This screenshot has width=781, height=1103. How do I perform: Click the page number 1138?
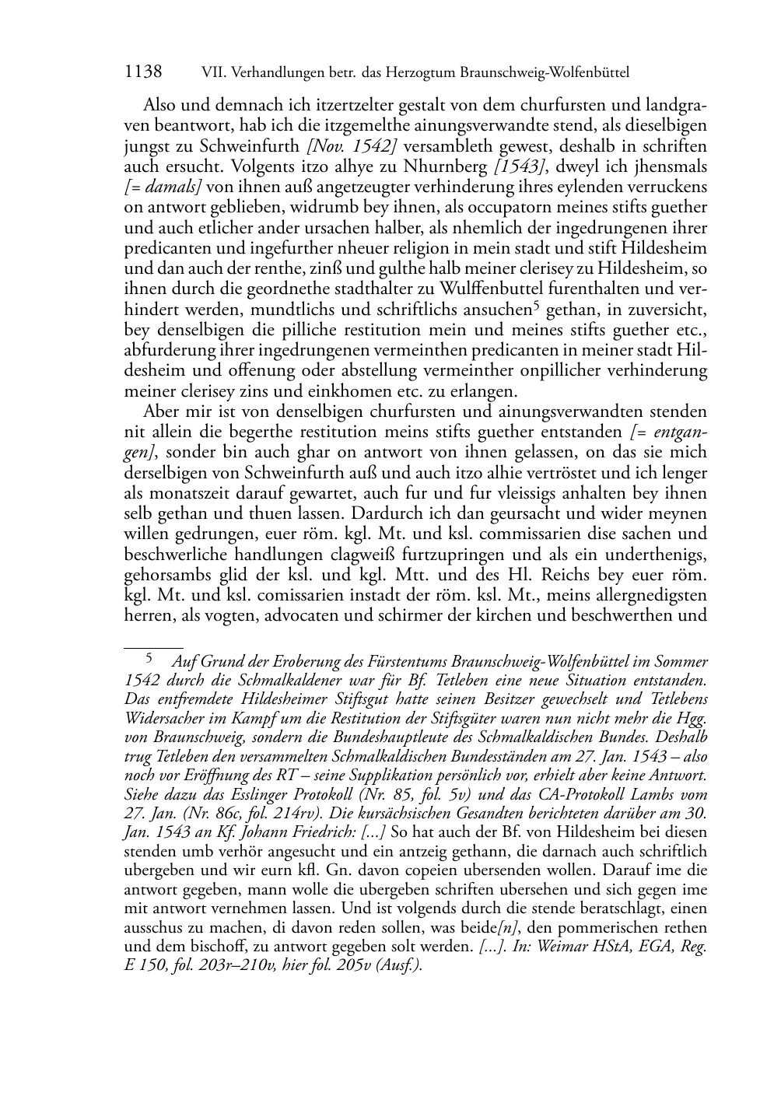[143, 72]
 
